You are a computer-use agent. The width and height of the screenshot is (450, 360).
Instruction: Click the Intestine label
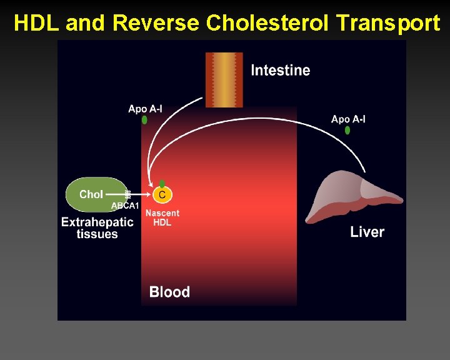click(280, 70)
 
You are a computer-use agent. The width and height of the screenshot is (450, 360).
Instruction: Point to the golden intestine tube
click(224, 79)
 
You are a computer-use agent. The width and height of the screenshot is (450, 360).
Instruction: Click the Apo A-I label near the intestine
click(145, 109)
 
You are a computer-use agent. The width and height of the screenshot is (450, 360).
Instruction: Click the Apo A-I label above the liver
click(348, 119)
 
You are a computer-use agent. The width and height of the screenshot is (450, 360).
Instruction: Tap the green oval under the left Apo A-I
click(144, 119)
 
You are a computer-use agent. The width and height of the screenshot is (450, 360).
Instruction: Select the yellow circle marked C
click(162, 195)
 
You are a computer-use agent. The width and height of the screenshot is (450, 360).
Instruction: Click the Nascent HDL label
click(162, 217)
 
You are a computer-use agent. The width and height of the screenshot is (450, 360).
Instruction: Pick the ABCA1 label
click(125, 206)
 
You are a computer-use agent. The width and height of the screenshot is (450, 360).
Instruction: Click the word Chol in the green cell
click(91, 194)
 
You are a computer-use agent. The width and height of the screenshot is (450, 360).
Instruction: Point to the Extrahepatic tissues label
click(97, 228)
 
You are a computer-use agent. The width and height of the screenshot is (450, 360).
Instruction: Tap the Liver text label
click(367, 232)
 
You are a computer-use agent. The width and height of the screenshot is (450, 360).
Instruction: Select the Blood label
click(169, 292)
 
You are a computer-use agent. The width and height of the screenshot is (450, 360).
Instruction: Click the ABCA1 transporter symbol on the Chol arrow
click(128, 194)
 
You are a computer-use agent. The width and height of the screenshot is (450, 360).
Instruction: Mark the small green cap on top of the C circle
click(162, 184)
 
